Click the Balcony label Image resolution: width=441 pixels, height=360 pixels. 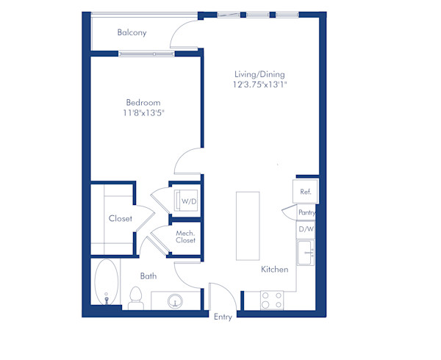132,32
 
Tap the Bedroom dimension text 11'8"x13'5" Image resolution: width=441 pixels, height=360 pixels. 143,113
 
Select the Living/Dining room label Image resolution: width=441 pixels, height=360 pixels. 259,74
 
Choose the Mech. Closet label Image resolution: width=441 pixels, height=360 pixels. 185,237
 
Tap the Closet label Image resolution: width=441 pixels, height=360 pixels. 120,218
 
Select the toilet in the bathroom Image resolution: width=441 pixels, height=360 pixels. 135,298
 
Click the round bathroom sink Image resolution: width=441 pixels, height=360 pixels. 175,300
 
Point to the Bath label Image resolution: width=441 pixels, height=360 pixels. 148,276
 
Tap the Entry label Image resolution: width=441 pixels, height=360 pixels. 223,317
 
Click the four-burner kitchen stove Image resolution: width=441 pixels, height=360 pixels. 272,300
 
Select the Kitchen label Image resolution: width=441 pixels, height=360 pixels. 274,270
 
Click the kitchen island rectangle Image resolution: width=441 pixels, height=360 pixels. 248,226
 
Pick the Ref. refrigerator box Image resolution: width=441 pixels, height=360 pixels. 306,192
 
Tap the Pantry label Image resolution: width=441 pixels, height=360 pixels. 307,212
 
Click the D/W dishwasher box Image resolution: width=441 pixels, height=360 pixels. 306,229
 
